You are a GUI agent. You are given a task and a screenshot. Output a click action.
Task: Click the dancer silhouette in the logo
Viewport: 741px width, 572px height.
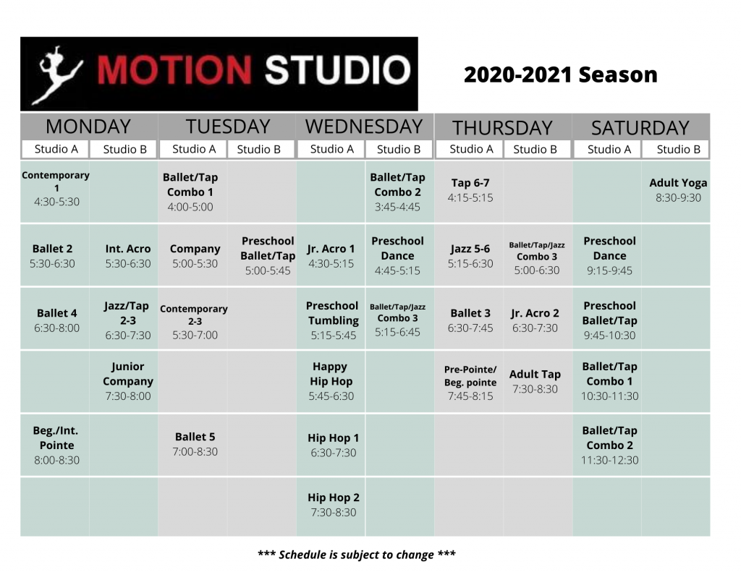pyautogui.click(x=56, y=74)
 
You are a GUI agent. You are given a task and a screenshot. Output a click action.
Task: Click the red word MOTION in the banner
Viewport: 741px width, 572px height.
pyautogui.click(x=174, y=71)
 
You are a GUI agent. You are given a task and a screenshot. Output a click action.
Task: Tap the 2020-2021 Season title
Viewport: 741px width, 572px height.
pyautogui.click(x=561, y=74)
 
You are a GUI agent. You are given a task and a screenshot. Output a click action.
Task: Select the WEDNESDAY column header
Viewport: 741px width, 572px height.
pyautogui.click(x=364, y=127)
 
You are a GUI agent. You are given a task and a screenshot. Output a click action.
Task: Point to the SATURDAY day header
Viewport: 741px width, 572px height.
pyautogui.click(x=640, y=128)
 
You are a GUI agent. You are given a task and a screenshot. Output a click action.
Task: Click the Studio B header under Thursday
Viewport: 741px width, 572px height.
pyautogui.click(x=535, y=149)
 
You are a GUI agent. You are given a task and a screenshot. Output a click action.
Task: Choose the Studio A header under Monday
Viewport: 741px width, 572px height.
pyautogui.click(x=56, y=149)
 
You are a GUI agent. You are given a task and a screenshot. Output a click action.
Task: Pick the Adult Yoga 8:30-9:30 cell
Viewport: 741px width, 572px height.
pyautogui.click(x=678, y=190)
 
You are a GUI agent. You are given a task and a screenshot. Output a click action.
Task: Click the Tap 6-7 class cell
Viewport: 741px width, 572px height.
pyautogui.click(x=470, y=190)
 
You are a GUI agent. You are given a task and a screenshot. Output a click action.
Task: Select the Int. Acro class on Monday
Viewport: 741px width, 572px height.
pyautogui.click(x=128, y=256)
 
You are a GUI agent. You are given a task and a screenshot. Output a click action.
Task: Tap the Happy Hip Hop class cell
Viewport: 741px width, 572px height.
pyautogui.click(x=331, y=380)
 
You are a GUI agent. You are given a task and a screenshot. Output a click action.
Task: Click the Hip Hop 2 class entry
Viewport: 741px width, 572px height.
pyautogui.click(x=333, y=505)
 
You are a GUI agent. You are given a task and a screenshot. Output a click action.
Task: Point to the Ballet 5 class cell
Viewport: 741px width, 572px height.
pyautogui.click(x=195, y=444)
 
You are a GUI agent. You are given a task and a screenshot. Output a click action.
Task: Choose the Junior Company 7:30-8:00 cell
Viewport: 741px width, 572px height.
pyautogui.click(x=128, y=380)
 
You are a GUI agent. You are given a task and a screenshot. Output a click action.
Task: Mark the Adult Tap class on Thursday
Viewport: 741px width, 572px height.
pyautogui.click(x=535, y=381)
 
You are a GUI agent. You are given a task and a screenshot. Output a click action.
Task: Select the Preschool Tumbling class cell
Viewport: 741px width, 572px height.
pyautogui.click(x=333, y=320)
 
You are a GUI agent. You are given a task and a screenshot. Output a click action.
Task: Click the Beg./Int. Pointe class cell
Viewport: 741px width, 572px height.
pyautogui.click(x=56, y=445)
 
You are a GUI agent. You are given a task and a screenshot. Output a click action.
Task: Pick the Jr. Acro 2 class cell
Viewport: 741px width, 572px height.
pyautogui.click(x=535, y=320)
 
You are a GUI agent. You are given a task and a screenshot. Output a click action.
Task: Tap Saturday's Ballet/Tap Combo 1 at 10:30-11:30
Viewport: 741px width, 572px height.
pyautogui.click(x=609, y=380)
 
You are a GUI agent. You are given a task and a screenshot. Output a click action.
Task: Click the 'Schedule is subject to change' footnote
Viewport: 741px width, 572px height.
pyautogui.click(x=357, y=555)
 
